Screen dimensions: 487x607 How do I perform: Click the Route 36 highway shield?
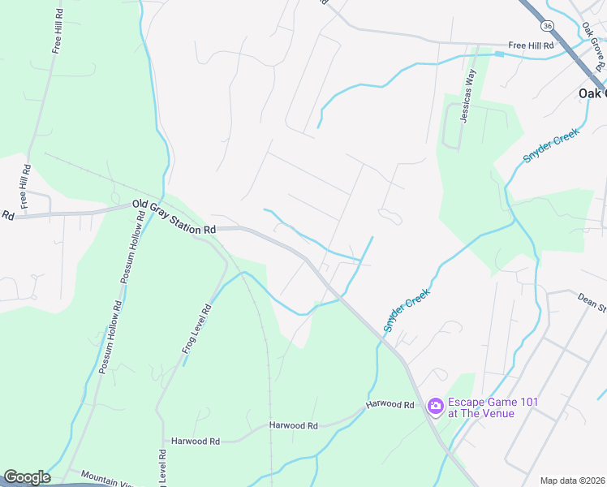click(x=549, y=27)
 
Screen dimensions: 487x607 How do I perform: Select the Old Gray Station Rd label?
click(x=174, y=218)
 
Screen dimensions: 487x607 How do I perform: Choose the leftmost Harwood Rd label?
click(x=196, y=442)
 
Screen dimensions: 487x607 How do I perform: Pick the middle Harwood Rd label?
click(x=294, y=425)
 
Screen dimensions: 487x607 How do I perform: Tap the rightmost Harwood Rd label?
click(x=390, y=404)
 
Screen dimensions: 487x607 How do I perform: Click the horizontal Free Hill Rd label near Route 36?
click(x=531, y=45)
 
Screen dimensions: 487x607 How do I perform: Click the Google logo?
click(x=27, y=477)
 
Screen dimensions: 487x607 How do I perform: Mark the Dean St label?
click(x=592, y=303)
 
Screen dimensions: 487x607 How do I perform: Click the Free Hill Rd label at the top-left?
click(x=58, y=32)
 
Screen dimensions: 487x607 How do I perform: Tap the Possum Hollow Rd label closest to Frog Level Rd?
click(x=110, y=338)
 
